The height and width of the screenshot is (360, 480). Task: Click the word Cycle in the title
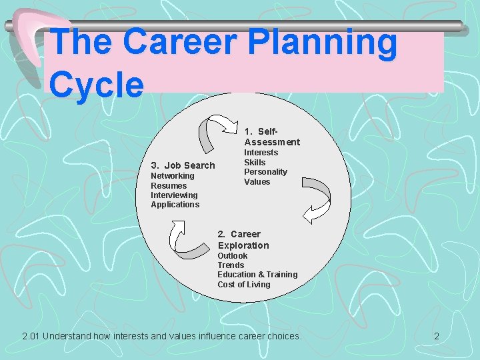97,85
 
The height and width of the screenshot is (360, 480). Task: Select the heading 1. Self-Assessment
271,136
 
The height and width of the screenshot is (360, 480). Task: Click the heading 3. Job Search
183,165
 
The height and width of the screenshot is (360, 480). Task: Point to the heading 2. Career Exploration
243,239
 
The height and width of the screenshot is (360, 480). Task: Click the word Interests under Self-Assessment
261,153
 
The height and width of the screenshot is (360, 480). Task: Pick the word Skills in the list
255,162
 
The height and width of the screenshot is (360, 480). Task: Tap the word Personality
265,172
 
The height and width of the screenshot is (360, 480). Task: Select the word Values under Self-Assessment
257,181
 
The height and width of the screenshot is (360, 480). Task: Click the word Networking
173,176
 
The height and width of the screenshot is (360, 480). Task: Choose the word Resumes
169,185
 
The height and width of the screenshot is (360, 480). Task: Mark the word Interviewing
174,195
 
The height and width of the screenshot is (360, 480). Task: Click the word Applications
175,205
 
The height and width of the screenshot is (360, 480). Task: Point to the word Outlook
232,256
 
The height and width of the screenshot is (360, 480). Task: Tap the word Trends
231,265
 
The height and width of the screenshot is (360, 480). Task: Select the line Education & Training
257,275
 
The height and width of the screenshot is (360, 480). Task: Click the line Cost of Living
243,285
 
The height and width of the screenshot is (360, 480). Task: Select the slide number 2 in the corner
437,336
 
